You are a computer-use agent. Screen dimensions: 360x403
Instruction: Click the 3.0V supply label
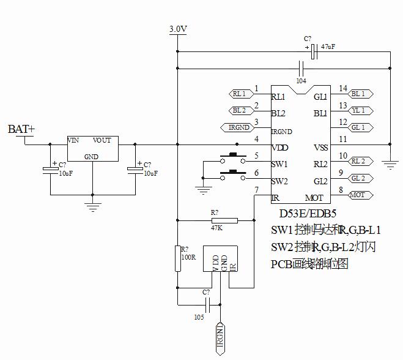[x=177, y=29]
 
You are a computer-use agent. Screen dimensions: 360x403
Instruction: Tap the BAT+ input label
[x=21, y=129]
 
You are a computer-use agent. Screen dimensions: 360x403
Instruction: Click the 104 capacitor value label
[x=301, y=80]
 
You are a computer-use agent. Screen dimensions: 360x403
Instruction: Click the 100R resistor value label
[x=188, y=257]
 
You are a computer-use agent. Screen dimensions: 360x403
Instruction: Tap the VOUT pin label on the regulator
[x=102, y=140]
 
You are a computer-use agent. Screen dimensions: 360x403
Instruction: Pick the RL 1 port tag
[x=239, y=94]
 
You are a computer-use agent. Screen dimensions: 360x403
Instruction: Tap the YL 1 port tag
[x=359, y=110]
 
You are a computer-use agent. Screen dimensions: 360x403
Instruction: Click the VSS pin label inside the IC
[x=320, y=148]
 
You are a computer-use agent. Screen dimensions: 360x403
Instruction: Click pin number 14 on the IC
[x=342, y=88]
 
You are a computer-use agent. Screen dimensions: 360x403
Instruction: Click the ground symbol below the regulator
[x=92, y=206]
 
